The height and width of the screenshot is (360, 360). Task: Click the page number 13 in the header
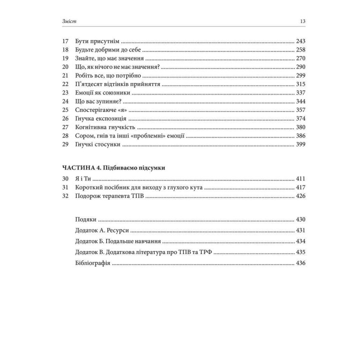pos(302,21)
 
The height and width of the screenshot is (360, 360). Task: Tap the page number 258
pos(300,50)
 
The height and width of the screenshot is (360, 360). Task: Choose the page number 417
pos(300,187)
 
